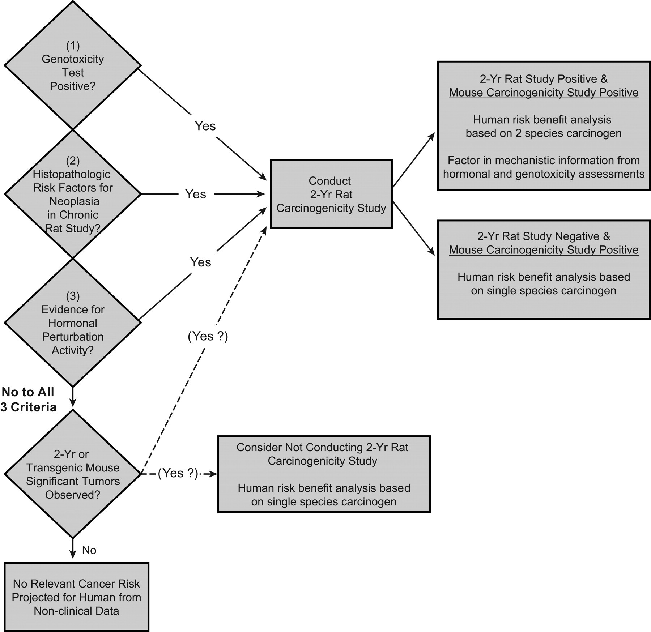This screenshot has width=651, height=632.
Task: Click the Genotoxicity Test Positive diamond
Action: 73,65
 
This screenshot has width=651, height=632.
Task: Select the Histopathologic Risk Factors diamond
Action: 73,194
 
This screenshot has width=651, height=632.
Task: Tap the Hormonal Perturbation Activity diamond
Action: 73,323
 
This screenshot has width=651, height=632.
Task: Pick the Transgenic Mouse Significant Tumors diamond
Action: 73,474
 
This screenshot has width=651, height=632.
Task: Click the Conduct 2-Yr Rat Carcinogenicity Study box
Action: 331,194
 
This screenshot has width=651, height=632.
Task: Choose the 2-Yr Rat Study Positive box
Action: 544,126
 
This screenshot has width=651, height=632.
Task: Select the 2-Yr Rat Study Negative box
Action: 544,270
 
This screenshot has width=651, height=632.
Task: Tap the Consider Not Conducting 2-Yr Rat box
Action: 324,474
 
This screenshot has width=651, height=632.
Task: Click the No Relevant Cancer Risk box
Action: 76,597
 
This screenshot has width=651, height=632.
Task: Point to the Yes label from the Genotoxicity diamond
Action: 205,126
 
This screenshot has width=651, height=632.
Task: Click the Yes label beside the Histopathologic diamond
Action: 196,194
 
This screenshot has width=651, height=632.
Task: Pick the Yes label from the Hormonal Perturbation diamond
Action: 201,262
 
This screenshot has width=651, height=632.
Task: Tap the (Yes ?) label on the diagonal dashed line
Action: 208,336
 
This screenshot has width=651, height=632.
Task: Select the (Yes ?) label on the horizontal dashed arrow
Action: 178,473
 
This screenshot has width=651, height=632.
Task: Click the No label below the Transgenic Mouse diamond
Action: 89,550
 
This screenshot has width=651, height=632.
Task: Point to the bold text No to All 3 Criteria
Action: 28,400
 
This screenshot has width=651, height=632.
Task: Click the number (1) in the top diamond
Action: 73,46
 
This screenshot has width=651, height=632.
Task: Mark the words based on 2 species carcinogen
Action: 544,133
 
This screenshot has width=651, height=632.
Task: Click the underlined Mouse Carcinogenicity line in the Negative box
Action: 544,250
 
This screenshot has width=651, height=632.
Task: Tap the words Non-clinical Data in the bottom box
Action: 76,611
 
